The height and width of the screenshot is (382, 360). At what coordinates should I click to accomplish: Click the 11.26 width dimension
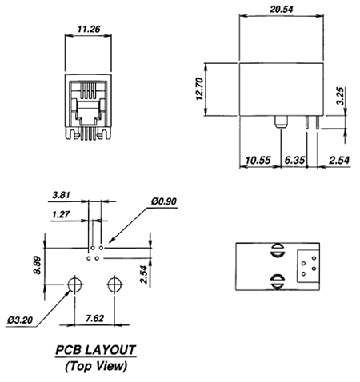tap(89, 29)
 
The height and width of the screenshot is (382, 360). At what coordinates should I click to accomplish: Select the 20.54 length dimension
tap(282, 10)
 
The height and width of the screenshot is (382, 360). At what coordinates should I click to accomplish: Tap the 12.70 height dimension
tap(199, 89)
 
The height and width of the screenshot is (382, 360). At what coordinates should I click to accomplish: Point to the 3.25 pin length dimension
tap(341, 96)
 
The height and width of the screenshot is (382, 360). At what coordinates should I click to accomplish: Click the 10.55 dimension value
tap(258, 161)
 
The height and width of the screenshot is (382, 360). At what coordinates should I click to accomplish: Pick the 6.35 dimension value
tap(294, 161)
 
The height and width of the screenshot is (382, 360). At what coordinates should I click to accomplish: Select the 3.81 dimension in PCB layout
tap(61, 195)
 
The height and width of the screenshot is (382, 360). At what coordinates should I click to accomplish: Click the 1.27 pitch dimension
tap(61, 214)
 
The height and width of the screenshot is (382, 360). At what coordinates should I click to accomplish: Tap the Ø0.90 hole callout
tap(164, 201)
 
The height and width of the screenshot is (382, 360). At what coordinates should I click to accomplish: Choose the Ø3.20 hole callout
tap(20, 320)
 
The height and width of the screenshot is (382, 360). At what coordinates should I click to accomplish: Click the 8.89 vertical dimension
tap(37, 265)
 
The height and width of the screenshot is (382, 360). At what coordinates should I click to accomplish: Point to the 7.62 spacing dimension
tap(94, 318)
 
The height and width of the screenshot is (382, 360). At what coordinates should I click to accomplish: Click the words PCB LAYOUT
tap(96, 350)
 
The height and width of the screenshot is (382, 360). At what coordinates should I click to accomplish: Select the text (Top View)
tap(96, 366)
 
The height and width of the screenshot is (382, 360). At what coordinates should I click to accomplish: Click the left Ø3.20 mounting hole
tap(74, 285)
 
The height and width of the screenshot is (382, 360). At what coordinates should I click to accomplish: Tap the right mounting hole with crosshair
tap(114, 285)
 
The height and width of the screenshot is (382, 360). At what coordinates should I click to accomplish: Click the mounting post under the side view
tap(281, 122)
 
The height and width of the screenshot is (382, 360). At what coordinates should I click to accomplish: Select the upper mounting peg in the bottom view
tap(278, 250)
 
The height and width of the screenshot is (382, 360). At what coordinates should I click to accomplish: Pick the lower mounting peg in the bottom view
tap(278, 281)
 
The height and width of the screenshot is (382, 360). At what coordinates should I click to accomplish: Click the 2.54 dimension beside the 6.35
tap(338, 161)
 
